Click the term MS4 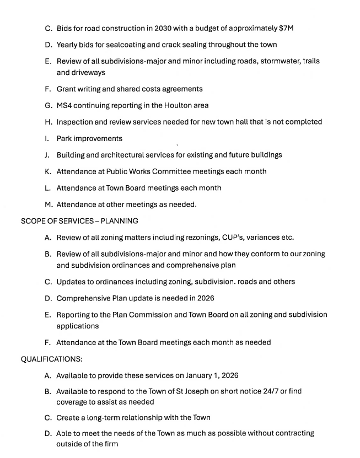66,105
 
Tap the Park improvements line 89,138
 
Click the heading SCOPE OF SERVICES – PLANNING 79,221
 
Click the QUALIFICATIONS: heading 52,359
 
